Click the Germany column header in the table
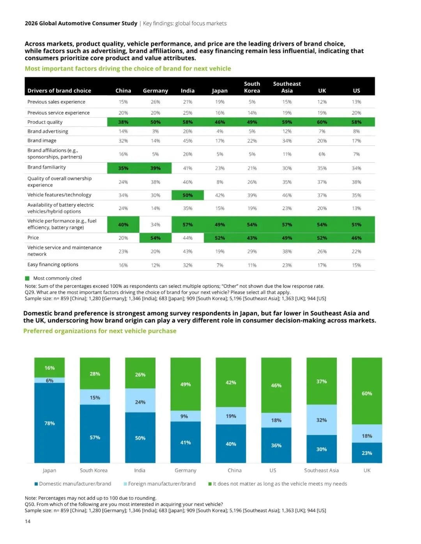tap(155, 91)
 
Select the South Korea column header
tap(252, 87)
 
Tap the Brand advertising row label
tap(48, 131)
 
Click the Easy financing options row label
tap(53, 265)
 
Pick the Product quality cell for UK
tap(322, 122)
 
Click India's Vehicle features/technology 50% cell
tap(188, 195)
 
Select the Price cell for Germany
tap(155, 238)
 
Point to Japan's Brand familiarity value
tap(219, 168)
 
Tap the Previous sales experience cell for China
tap(123, 102)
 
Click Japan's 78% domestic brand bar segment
tap(50, 423)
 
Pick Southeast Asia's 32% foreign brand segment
tap(322, 420)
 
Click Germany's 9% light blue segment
tap(186, 416)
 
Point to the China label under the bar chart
tap(234, 470)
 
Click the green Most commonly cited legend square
tap(27, 278)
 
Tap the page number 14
tap(28, 521)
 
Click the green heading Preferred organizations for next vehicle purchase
tap(100, 331)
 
